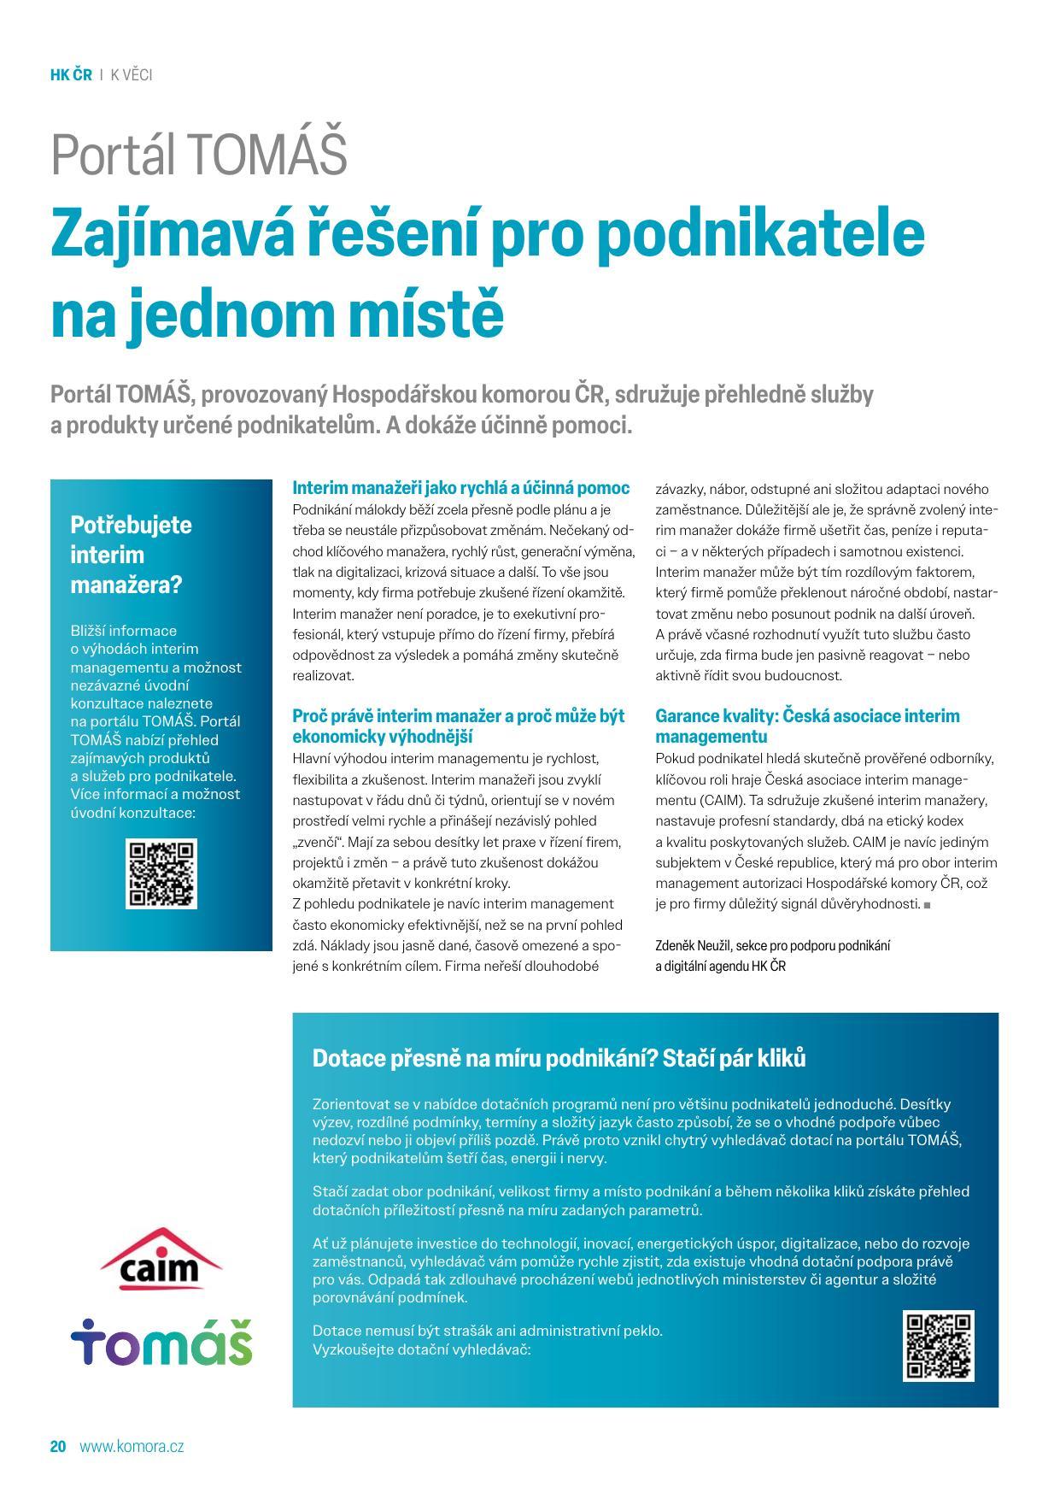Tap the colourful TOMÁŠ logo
pyautogui.click(x=161, y=1341)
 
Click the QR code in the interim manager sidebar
pyautogui.click(x=161, y=873)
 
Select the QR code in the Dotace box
pyautogui.click(x=938, y=1345)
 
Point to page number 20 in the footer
pyautogui.click(x=58, y=1447)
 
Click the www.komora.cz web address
pyautogui.click(x=132, y=1447)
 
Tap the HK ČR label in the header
pyautogui.click(x=71, y=75)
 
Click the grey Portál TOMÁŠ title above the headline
pyautogui.click(x=199, y=154)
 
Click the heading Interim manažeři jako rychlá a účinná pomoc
pyautogui.click(x=460, y=488)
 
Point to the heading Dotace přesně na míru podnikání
pyautogui.click(x=559, y=1058)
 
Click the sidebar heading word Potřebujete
pyautogui.click(x=131, y=525)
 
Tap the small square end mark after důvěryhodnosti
pyautogui.click(x=927, y=904)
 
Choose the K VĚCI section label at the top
pyautogui.click(x=132, y=75)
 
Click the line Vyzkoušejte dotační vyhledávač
pyautogui.click(x=422, y=1349)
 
